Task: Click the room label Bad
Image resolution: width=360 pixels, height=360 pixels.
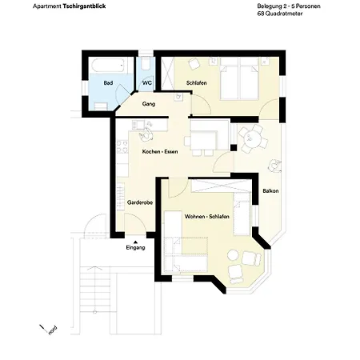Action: pyautogui.click(x=108, y=82)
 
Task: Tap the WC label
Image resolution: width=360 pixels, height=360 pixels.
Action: pyautogui.click(x=147, y=82)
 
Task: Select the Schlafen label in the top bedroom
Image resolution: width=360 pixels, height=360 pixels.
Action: pyautogui.click(x=197, y=82)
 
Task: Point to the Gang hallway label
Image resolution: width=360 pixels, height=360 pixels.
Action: pyautogui.click(x=148, y=104)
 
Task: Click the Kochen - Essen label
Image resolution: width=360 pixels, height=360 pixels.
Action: pyautogui.click(x=160, y=152)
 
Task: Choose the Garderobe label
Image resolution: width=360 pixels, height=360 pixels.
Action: pyautogui.click(x=139, y=203)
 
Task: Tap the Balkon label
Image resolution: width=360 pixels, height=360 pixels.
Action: pyautogui.click(x=270, y=190)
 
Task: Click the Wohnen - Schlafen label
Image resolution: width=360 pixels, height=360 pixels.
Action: pyautogui.click(x=207, y=218)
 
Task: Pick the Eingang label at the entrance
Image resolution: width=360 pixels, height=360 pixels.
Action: pyautogui.click(x=136, y=248)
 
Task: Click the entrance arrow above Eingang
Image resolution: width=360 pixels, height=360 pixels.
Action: pyautogui.click(x=136, y=240)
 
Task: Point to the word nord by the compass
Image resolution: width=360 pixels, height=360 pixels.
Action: pyautogui.click(x=52, y=330)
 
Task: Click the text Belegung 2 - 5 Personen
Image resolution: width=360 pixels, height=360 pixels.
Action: pyautogui.click(x=276, y=6)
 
